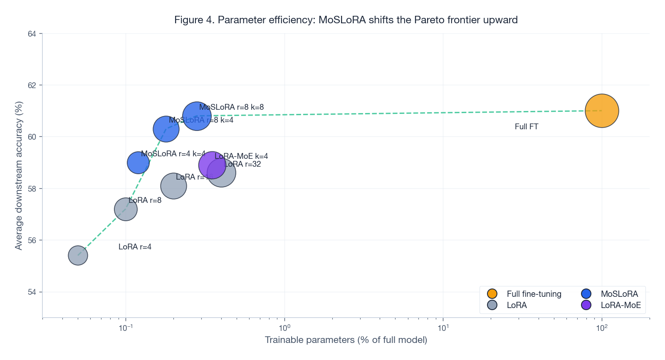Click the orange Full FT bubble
tap(602, 111)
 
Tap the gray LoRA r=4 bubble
tap(78, 255)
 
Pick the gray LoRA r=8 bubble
tap(126, 209)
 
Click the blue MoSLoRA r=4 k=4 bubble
tap(138, 163)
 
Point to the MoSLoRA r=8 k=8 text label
tap(231, 107)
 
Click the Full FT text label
tap(526, 127)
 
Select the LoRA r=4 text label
tap(135, 247)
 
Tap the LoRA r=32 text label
tap(243, 164)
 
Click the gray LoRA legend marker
tap(492, 305)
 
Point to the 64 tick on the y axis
tap(32, 34)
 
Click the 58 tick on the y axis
tap(32, 189)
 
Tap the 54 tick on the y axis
tap(32, 292)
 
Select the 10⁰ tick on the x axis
tap(284, 328)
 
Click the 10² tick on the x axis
tap(601, 328)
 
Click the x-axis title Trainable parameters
tap(346, 340)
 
